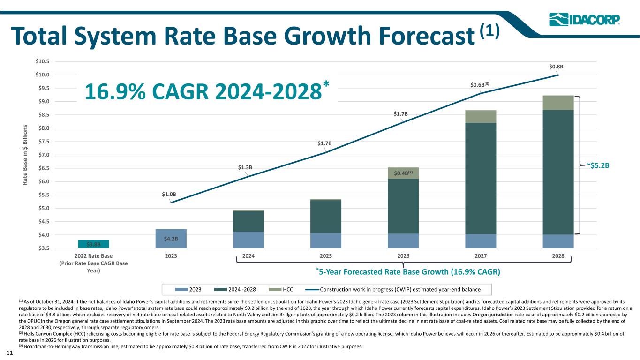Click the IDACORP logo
pos(584,20)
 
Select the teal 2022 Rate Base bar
pos(93,244)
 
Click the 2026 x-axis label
pos(403,256)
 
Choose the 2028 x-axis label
pos(558,256)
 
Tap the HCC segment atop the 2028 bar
pos(558,103)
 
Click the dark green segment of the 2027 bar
pos(481,178)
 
